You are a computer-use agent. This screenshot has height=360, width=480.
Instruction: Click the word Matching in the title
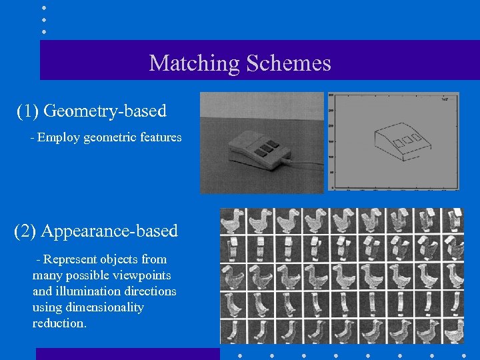click(194, 63)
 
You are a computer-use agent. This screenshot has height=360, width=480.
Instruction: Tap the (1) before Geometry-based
click(28, 111)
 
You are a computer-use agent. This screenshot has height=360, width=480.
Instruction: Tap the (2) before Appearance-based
click(26, 231)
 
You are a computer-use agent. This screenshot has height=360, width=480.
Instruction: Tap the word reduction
click(59, 323)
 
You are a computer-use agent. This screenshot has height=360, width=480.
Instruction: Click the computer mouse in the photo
click(257, 150)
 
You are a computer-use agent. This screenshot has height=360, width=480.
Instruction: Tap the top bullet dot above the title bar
click(44, 8)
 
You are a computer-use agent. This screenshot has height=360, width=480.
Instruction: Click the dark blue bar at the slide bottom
click(127, 354)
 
